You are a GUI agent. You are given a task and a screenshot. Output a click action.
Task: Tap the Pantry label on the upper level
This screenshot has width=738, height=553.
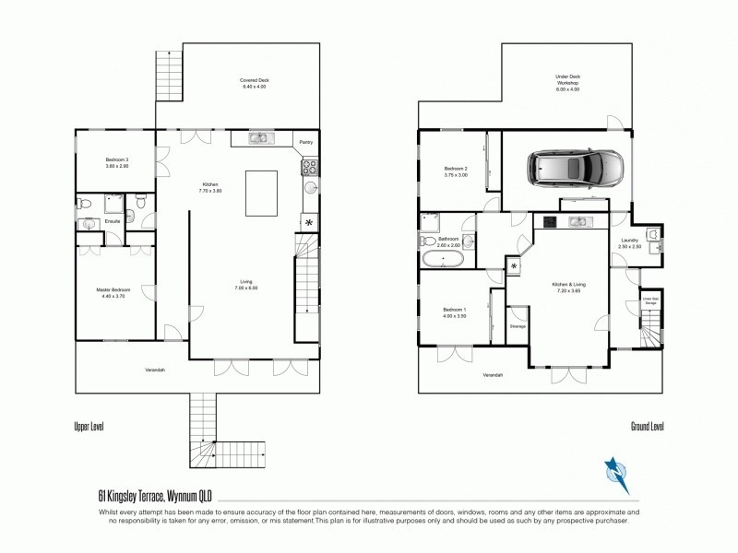305,142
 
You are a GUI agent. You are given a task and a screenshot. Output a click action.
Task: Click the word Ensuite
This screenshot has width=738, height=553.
113,221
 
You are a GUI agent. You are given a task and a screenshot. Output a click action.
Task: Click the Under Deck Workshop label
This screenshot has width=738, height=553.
567,80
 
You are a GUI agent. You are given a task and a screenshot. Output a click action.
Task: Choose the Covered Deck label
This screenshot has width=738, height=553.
254,81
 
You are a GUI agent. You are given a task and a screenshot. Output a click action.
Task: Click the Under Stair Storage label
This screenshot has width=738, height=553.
650,300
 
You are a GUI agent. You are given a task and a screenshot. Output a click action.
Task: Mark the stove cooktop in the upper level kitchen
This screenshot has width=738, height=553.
309,168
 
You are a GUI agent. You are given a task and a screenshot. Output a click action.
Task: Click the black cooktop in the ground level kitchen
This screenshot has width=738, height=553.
549,221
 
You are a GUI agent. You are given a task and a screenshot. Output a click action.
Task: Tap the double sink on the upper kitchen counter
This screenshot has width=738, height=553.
260,138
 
